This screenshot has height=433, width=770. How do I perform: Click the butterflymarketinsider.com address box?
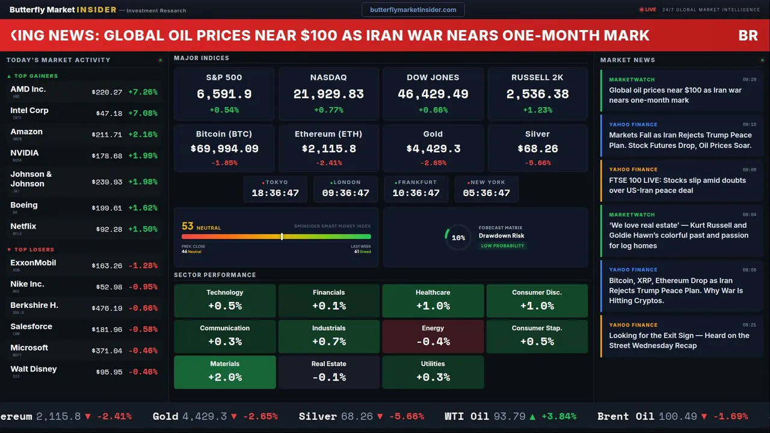413,10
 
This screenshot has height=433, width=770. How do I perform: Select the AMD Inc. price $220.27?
107,92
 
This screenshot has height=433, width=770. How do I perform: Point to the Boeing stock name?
24,205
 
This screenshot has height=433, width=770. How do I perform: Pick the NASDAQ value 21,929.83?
328,94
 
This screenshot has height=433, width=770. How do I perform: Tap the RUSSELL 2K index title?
537,78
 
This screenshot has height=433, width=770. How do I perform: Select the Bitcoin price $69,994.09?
224,149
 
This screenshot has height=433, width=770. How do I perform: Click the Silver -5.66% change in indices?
537,163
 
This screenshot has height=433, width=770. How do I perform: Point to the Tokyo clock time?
275,193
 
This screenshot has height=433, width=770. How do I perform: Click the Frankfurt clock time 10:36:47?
416,193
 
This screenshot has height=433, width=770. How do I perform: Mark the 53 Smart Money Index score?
188,227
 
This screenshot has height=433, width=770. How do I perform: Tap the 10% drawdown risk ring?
458,238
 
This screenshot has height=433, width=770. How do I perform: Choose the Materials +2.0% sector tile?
225,372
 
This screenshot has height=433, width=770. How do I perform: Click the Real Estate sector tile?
328,372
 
